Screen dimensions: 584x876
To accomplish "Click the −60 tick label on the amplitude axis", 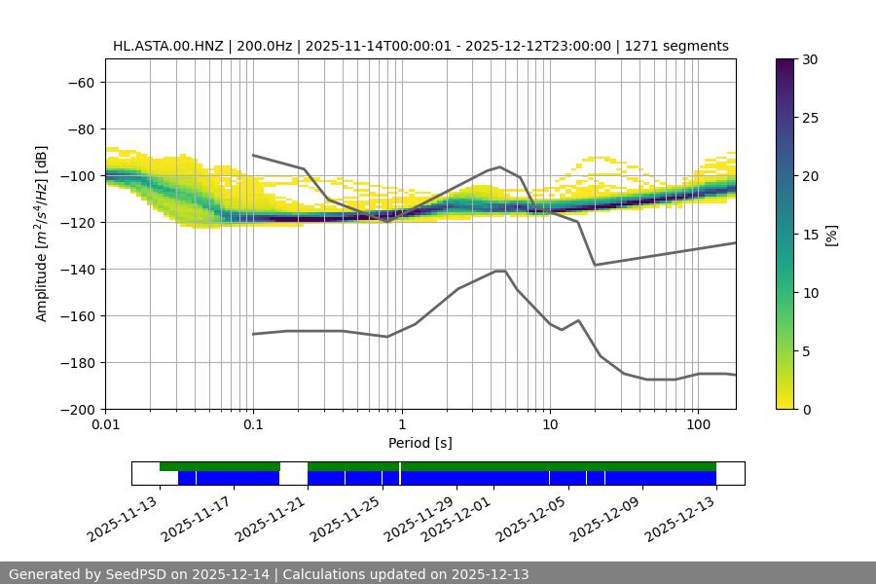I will point(79,82).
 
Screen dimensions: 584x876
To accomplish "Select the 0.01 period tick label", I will point(105,425).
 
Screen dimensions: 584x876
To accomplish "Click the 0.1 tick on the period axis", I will point(253,425).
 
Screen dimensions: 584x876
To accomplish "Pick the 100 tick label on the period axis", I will point(697,425).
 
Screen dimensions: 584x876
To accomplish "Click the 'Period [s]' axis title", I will point(420,443).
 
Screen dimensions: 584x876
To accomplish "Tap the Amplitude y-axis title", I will point(42,234).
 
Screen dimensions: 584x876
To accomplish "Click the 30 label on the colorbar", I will point(810,59).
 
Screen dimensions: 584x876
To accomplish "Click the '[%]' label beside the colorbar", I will point(831,235).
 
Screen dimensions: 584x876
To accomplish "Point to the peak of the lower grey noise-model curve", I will point(500,271).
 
